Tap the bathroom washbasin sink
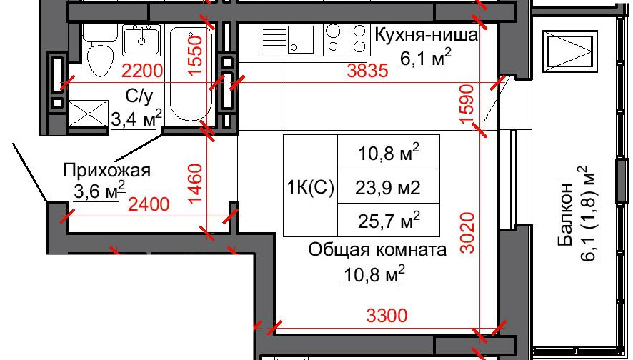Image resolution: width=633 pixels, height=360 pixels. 141,40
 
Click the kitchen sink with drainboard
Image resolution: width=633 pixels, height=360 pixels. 287,39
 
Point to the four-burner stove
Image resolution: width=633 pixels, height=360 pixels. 347,39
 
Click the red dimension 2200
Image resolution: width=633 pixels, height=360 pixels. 142,71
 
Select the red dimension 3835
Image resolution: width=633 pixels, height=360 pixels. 367,71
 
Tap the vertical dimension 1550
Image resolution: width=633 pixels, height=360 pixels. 195,55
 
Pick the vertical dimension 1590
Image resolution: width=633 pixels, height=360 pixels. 467,104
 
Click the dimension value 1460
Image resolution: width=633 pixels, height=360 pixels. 195,184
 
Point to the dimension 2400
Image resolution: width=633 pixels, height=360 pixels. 149,204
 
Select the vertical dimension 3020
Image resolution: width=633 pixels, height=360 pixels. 467,233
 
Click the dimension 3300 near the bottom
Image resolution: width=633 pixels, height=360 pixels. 387,315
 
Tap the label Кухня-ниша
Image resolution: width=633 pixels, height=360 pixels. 427,35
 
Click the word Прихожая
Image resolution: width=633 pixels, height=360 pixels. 107,171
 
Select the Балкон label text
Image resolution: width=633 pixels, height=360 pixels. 565,214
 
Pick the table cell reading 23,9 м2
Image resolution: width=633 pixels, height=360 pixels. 388,188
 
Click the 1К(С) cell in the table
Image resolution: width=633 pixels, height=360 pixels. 310,187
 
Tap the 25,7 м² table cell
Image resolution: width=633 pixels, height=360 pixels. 389,220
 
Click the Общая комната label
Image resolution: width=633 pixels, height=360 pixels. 377,250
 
